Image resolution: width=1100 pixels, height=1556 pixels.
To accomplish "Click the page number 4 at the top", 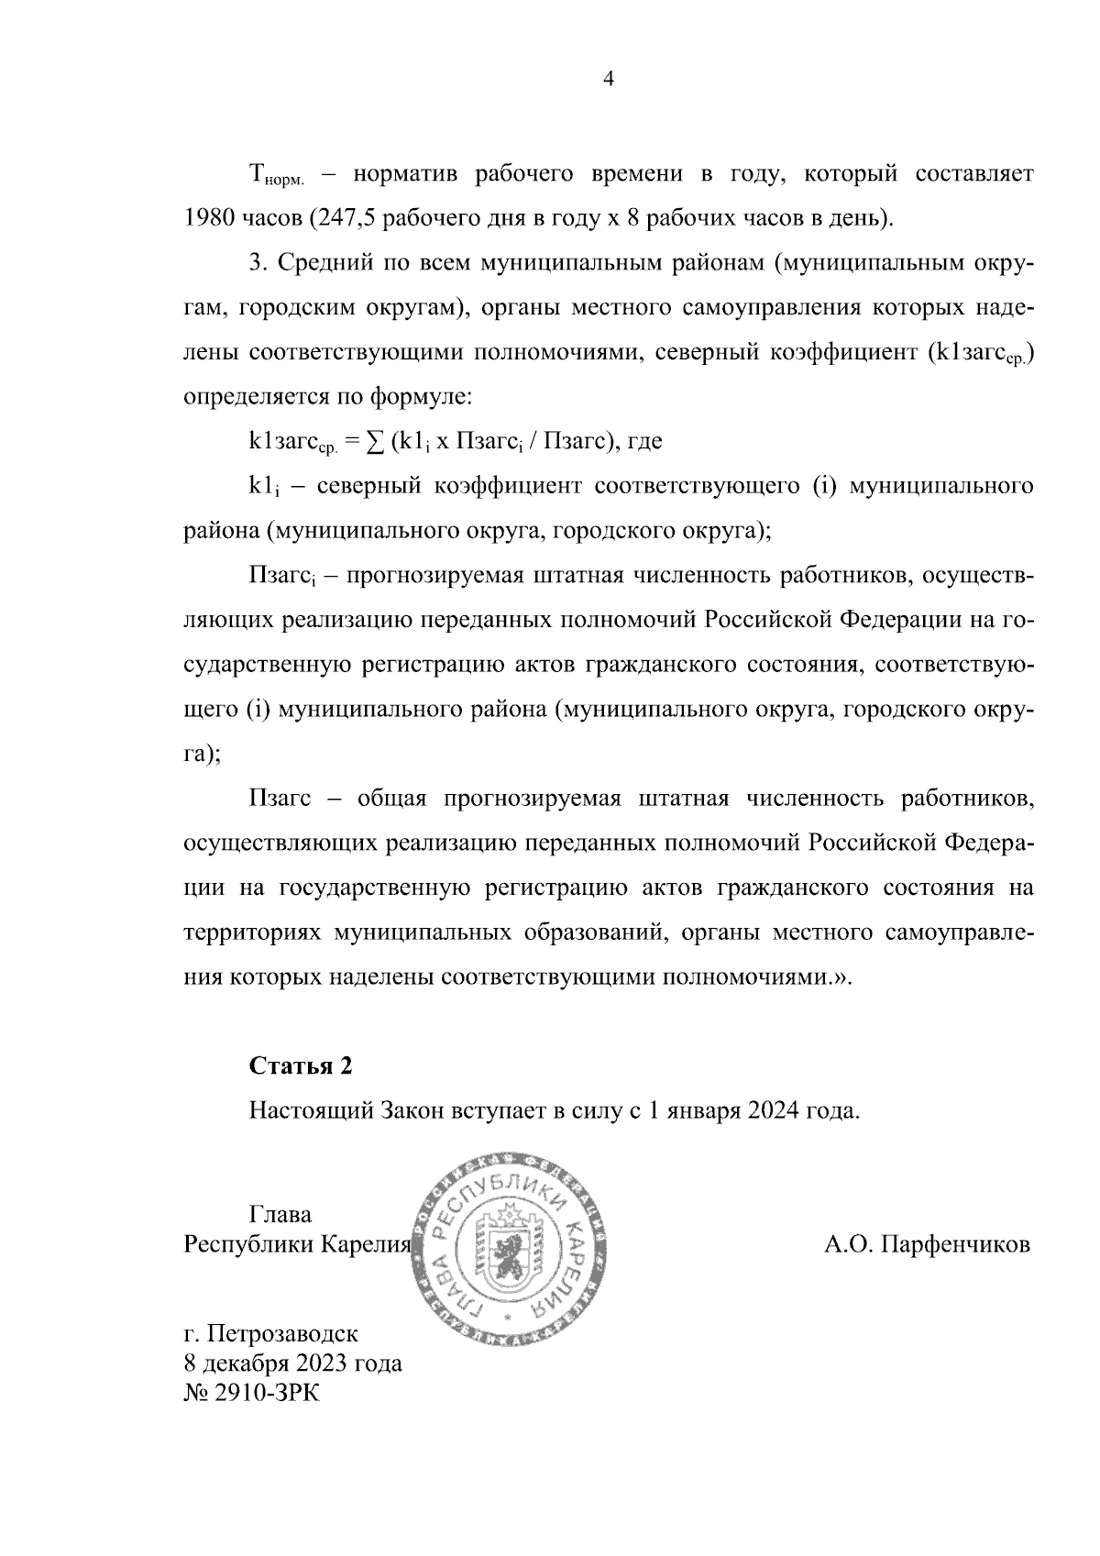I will tap(608, 80).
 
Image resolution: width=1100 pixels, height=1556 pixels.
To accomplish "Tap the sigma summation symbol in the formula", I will tap(374, 442).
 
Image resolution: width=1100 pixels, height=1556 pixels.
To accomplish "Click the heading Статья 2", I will tap(300, 1066).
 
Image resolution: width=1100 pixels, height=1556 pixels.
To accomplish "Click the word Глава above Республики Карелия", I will tap(280, 1215).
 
